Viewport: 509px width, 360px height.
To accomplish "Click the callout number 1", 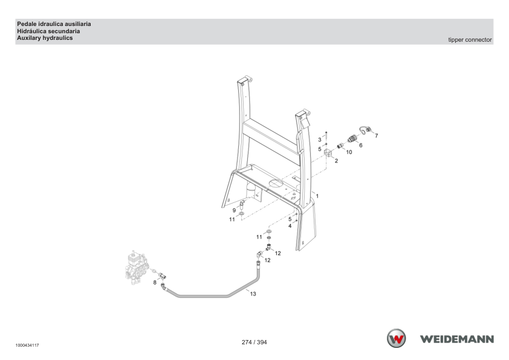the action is click(317, 196).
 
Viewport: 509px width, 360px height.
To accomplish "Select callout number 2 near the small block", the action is click(336, 161).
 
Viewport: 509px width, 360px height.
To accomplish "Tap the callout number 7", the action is click(377, 136).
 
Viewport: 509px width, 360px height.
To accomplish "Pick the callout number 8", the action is click(155, 283).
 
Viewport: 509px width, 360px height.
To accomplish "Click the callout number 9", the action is click(234, 210).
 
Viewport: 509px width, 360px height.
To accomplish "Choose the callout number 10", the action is click(349, 152).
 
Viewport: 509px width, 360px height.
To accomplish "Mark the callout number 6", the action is click(361, 146).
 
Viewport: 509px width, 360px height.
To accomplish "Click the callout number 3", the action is click(320, 140).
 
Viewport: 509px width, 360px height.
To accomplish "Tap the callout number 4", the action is click(290, 226).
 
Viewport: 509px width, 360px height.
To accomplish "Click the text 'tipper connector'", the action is click(470, 40).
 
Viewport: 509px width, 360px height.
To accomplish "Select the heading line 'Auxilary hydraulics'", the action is click(45, 38).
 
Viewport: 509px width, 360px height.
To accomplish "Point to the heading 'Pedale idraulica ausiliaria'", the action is click(54, 24).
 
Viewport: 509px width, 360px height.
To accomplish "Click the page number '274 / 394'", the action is click(254, 342).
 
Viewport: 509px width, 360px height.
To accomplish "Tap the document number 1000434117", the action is click(27, 346).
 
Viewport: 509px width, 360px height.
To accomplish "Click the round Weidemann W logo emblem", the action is click(396, 339).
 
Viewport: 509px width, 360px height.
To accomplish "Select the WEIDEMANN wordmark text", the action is click(457, 339).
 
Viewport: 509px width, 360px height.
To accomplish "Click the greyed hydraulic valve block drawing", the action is click(137, 267).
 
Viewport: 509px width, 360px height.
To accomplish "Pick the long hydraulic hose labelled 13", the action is click(211, 295).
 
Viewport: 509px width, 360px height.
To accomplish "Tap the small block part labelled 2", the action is click(328, 152).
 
